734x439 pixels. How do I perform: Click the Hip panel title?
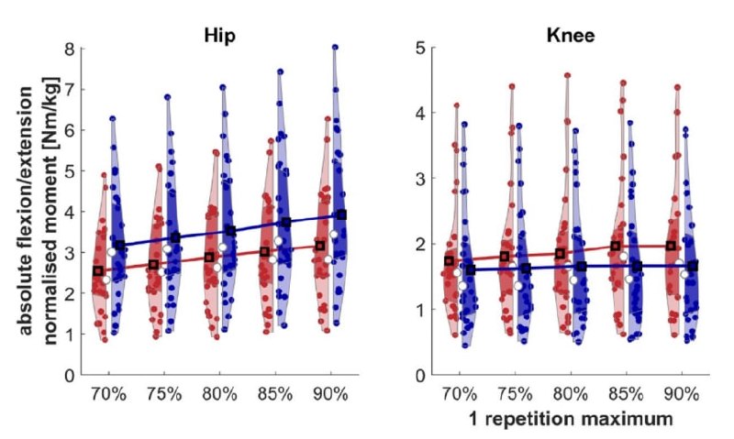[219, 36]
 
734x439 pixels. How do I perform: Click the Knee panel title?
[570, 36]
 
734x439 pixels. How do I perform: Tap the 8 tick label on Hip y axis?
[70, 49]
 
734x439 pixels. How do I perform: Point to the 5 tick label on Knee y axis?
[420, 48]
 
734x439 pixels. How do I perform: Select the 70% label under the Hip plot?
[108, 395]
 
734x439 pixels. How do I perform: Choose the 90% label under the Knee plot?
[682, 395]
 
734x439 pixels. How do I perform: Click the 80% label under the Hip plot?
[219, 395]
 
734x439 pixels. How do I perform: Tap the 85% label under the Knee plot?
[627, 395]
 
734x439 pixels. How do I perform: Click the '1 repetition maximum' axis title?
[570, 419]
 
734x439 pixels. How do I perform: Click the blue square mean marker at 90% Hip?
[341, 214]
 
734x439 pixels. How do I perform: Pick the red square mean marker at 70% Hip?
[98, 271]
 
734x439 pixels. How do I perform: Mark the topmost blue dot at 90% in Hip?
[335, 48]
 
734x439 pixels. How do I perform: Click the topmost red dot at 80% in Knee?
[567, 75]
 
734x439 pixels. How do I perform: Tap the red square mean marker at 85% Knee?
[615, 246]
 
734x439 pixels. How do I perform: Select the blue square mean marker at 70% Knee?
[471, 269]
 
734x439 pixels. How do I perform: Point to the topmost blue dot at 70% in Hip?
[112, 119]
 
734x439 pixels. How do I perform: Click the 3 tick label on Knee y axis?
[420, 179]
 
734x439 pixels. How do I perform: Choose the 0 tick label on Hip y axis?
[70, 375]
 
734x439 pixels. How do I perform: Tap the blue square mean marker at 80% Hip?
[231, 231]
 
